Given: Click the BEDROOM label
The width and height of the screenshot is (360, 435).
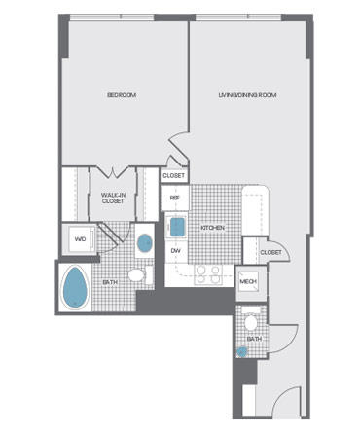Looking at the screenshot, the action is pyautogui.click(x=122, y=95).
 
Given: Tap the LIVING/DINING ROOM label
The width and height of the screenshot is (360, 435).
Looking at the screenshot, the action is pyautogui.click(x=247, y=95).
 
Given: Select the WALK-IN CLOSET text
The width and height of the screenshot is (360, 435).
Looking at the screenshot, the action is pyautogui.click(x=113, y=198).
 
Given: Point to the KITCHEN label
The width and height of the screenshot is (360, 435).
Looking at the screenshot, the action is pyautogui.click(x=213, y=228).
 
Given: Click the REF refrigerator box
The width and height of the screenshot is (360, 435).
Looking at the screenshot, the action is pyautogui.click(x=175, y=198).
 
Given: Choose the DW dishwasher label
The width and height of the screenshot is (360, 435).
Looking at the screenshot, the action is pyautogui.click(x=175, y=251).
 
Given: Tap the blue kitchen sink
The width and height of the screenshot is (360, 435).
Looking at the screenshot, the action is pyautogui.click(x=177, y=227).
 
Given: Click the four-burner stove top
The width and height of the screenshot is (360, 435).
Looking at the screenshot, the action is pyautogui.click(x=208, y=275).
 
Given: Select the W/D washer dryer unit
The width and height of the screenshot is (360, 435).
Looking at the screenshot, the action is pyautogui.click(x=80, y=239).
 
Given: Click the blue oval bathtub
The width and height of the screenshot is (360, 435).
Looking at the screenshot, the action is pyautogui.click(x=75, y=288).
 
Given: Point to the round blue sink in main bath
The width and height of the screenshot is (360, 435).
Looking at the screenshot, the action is pyautogui.click(x=145, y=243).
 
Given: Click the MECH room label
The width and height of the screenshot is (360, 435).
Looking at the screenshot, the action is pyautogui.click(x=248, y=281).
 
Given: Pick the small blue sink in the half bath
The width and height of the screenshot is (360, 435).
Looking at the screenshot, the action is pyautogui.click(x=241, y=352).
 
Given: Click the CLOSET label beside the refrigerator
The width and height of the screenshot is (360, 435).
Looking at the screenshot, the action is pyautogui.click(x=174, y=176).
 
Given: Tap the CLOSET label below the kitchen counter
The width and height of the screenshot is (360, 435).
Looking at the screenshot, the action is pyautogui.click(x=270, y=252).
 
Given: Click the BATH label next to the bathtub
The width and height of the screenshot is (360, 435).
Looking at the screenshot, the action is pyautogui.click(x=110, y=282).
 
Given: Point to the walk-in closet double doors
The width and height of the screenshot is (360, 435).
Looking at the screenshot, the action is pyautogui.click(x=113, y=172).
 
